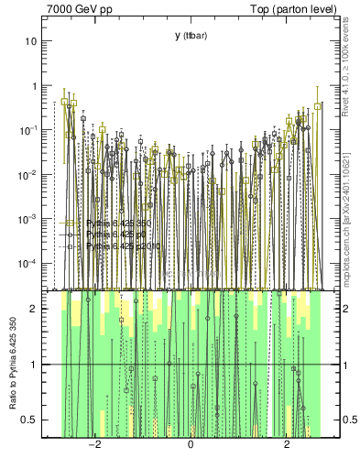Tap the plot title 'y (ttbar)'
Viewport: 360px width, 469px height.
click(190, 36)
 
